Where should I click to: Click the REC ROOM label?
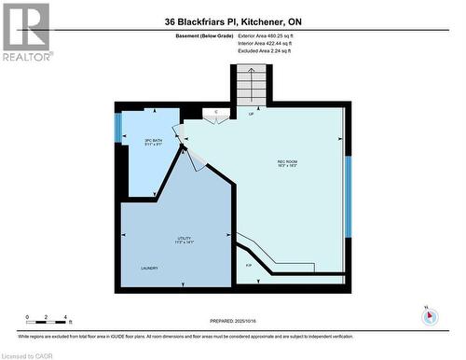[287, 164]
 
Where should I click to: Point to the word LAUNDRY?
[149, 269]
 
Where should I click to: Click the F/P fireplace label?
[249, 267]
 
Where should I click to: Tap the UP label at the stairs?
[251, 114]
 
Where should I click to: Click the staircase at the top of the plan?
[250, 84]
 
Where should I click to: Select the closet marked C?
[216, 113]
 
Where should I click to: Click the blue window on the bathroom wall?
[118, 129]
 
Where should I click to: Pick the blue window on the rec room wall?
[348, 196]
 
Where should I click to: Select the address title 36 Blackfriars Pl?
[232, 18]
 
